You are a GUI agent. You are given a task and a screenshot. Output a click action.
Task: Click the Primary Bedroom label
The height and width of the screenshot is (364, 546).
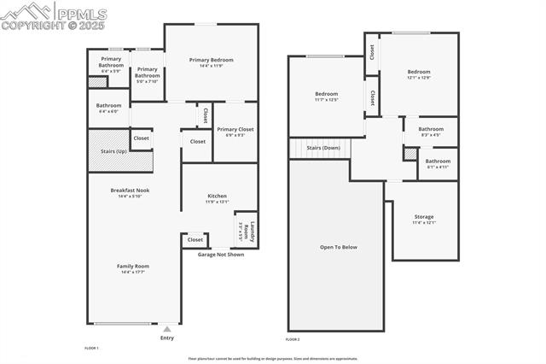(x=211, y=60)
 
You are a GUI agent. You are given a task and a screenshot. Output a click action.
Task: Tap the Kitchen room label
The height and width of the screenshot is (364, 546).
(x=217, y=196)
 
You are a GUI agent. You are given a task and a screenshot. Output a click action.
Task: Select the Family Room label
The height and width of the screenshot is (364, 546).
(x=132, y=266)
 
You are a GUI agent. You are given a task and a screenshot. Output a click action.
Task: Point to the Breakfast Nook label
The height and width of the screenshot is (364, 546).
(x=130, y=190)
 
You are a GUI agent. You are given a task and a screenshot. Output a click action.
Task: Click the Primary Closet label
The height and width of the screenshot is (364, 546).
(x=235, y=129)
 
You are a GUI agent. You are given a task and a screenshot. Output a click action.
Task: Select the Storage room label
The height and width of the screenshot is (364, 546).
(x=424, y=217)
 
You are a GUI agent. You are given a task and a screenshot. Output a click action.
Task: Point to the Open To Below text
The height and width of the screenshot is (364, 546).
(x=339, y=247)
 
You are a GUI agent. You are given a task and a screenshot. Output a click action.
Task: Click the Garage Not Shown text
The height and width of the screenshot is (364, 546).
(x=221, y=255)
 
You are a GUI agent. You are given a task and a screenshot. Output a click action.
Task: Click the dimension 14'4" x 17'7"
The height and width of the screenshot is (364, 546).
(x=132, y=272)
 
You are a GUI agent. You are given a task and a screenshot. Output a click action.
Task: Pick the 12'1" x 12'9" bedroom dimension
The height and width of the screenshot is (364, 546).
(x=418, y=78)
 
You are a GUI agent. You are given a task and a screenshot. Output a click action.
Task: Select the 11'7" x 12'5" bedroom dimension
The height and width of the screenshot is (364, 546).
(x=327, y=100)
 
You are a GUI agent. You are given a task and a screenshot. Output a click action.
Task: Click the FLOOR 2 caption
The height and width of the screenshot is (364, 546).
(x=293, y=340)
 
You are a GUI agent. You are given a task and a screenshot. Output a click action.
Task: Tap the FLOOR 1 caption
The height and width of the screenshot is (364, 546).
(x=92, y=348)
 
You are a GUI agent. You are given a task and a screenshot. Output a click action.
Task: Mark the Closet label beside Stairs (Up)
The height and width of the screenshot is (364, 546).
(x=141, y=138)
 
